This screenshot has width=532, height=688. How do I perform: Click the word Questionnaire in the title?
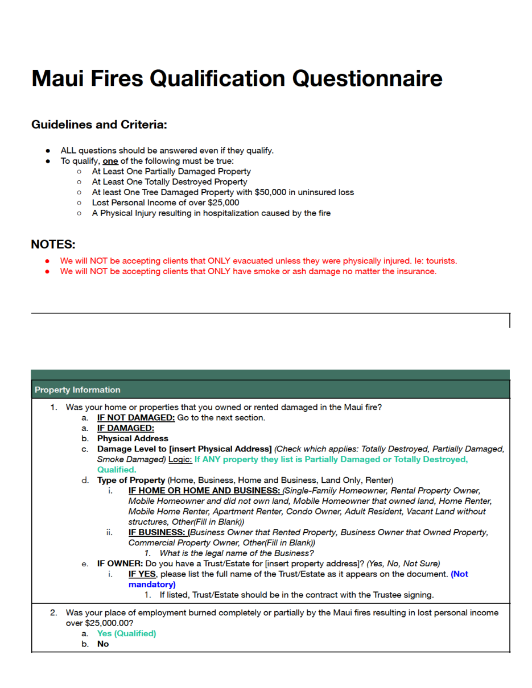click(367, 78)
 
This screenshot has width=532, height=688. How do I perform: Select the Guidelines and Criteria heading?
click(99, 124)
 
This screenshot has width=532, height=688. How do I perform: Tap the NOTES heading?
click(53, 244)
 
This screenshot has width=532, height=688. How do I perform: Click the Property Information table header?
click(77, 389)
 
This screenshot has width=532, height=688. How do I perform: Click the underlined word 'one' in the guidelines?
click(110, 161)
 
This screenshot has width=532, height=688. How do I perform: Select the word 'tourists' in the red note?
click(438, 261)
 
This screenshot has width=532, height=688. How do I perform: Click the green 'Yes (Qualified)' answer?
click(126, 633)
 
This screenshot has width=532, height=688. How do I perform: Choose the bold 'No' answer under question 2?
click(103, 644)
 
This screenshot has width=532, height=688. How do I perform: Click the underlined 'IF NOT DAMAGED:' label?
click(136, 417)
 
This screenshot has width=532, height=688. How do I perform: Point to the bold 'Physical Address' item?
click(133, 438)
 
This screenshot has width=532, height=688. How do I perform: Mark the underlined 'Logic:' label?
click(180, 459)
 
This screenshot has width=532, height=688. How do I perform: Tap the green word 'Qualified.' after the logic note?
click(117, 470)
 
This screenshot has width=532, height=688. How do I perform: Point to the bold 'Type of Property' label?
click(131, 480)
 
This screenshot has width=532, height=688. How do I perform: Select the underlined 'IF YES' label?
click(142, 574)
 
